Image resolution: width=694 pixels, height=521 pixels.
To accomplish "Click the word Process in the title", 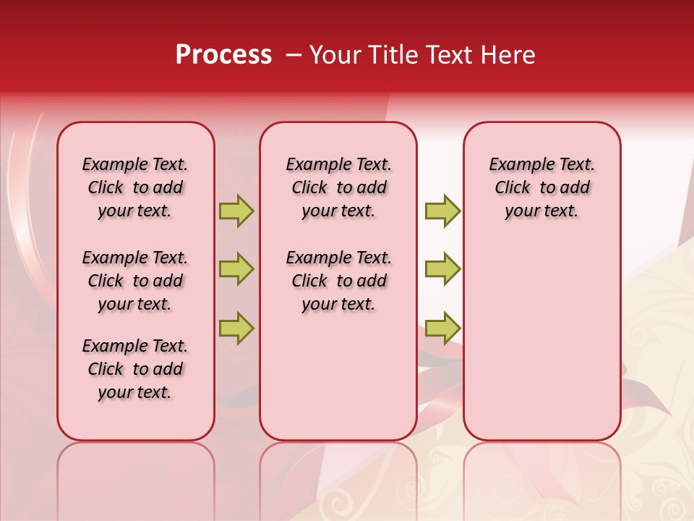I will pyautogui.click(x=223, y=55).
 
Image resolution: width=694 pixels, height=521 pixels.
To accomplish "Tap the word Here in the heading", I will pyautogui.click(x=510, y=55).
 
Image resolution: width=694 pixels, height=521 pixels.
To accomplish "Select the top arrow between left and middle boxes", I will pyautogui.click(x=236, y=211).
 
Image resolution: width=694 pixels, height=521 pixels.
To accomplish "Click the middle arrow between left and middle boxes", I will pyautogui.click(x=236, y=269).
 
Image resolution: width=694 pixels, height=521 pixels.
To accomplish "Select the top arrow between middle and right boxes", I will pyautogui.click(x=442, y=211).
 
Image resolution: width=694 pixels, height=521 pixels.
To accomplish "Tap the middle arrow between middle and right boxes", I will pyautogui.click(x=442, y=269).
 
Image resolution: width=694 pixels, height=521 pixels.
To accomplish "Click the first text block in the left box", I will pyautogui.click(x=135, y=187).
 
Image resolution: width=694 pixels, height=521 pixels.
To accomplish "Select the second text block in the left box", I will pyautogui.click(x=135, y=281).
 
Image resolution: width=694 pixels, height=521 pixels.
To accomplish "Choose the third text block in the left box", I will pyautogui.click(x=135, y=369).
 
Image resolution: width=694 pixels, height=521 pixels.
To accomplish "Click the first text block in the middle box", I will pyautogui.click(x=339, y=187).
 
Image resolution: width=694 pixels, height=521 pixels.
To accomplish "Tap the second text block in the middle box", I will pyautogui.click(x=339, y=281).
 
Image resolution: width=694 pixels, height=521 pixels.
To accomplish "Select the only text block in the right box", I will pyautogui.click(x=542, y=187).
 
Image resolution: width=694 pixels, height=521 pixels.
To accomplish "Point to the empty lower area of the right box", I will pyautogui.click(x=542, y=333).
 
